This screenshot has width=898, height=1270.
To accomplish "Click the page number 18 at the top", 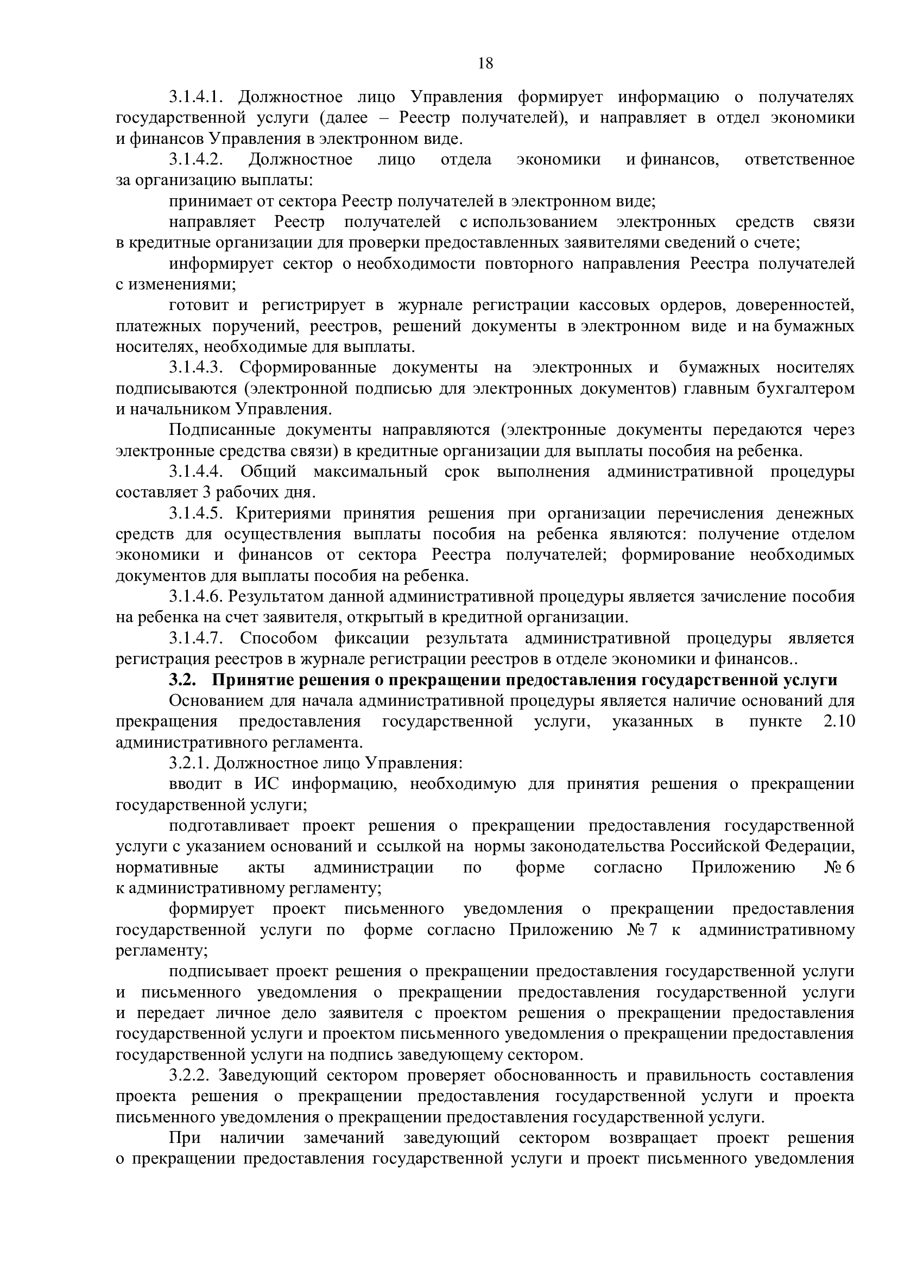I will coord(485,64).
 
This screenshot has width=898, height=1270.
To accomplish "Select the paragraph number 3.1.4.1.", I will coord(195,97).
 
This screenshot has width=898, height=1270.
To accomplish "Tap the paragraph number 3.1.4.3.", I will coord(195,367).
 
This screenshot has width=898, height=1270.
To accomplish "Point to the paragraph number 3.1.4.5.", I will coord(195,513).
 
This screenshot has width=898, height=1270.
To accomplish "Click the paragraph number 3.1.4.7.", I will coord(195,639).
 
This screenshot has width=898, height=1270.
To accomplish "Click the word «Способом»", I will coord(279,639).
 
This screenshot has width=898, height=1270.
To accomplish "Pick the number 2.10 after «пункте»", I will coord(839,722).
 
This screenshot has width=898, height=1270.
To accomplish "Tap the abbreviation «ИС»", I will coord(264,785).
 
